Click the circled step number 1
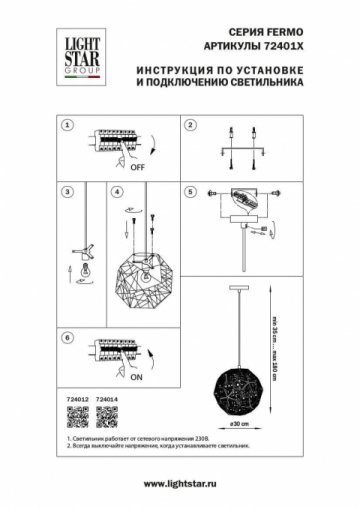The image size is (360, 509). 67,127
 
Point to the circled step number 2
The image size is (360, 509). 189,127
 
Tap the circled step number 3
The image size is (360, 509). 67,190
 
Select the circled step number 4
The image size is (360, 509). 116,190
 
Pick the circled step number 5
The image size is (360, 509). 189,190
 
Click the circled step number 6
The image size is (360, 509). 67,339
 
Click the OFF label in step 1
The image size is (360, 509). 136,171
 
